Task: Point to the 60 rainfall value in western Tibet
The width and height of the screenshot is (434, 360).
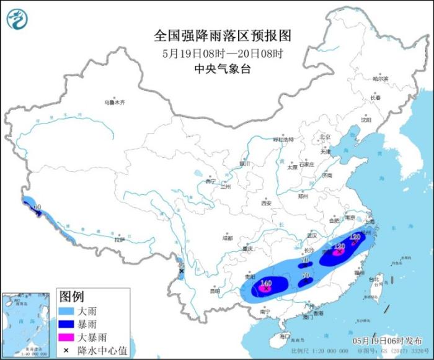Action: pos(37,206)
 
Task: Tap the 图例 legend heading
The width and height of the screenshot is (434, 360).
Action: pos(71,295)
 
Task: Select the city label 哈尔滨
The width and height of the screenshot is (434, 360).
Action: pos(380,79)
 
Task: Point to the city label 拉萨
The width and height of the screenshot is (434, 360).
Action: pos(120,239)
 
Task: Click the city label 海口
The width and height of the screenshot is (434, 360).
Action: pos(284,335)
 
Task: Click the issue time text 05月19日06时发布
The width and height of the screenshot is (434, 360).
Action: pos(378,341)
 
